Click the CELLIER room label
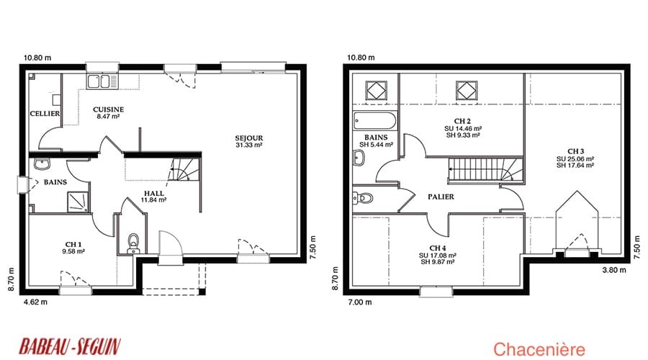click(45, 113)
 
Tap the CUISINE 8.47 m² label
click(108, 113)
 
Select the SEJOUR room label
click(249, 141)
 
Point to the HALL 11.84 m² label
click(154, 197)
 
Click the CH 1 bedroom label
click(73, 248)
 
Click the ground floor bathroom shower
click(78, 202)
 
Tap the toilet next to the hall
click(133, 244)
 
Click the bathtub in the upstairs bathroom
click(375, 121)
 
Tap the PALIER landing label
click(441, 197)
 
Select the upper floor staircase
click(485, 170)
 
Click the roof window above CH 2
click(467, 91)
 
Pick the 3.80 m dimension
click(613, 270)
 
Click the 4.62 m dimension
click(35, 302)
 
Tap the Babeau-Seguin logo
click(70, 346)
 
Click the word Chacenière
click(539, 349)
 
